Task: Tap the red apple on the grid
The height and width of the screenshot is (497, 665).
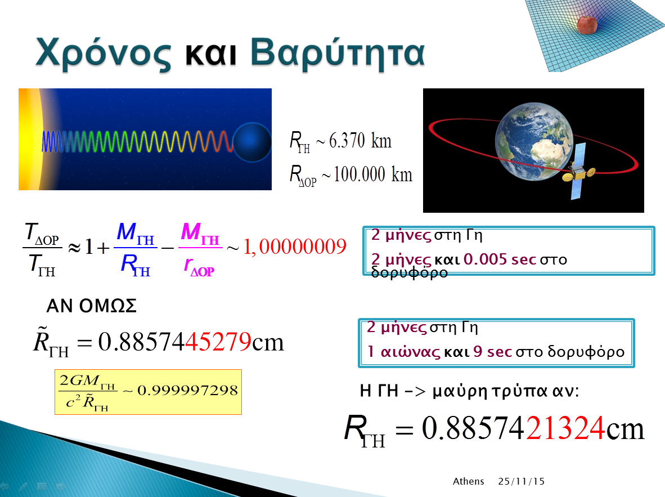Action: [x=587, y=24]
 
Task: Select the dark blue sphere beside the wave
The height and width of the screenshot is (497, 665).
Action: [x=252, y=142]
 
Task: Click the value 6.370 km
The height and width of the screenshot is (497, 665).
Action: [x=360, y=141]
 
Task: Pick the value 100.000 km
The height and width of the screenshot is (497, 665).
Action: [x=373, y=174]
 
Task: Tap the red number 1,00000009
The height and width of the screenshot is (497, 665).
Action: [x=295, y=247]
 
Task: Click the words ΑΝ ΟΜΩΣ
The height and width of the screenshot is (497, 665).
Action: [x=92, y=306]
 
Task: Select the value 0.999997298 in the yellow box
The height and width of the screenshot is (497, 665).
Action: [x=187, y=390]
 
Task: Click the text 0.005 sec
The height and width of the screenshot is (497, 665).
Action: [x=500, y=259]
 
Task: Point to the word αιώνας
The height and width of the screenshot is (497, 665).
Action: [x=410, y=352]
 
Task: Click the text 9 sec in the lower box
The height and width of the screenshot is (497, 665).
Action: [x=493, y=351]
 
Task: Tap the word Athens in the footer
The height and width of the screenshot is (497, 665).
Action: [x=468, y=481]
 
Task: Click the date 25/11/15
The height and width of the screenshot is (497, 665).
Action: [x=521, y=481]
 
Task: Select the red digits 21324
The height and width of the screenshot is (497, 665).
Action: [x=565, y=428]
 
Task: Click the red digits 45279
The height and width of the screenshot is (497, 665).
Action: [x=218, y=342]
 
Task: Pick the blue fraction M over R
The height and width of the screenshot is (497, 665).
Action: [x=135, y=249]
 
